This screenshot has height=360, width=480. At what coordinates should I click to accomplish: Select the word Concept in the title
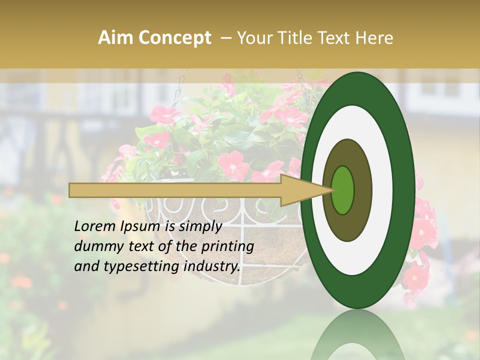(x=174, y=38)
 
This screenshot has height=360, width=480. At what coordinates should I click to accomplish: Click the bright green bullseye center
(x=342, y=190)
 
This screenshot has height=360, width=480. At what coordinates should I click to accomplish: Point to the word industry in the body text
(x=211, y=266)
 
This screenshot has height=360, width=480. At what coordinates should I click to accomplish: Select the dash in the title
(x=225, y=38)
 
